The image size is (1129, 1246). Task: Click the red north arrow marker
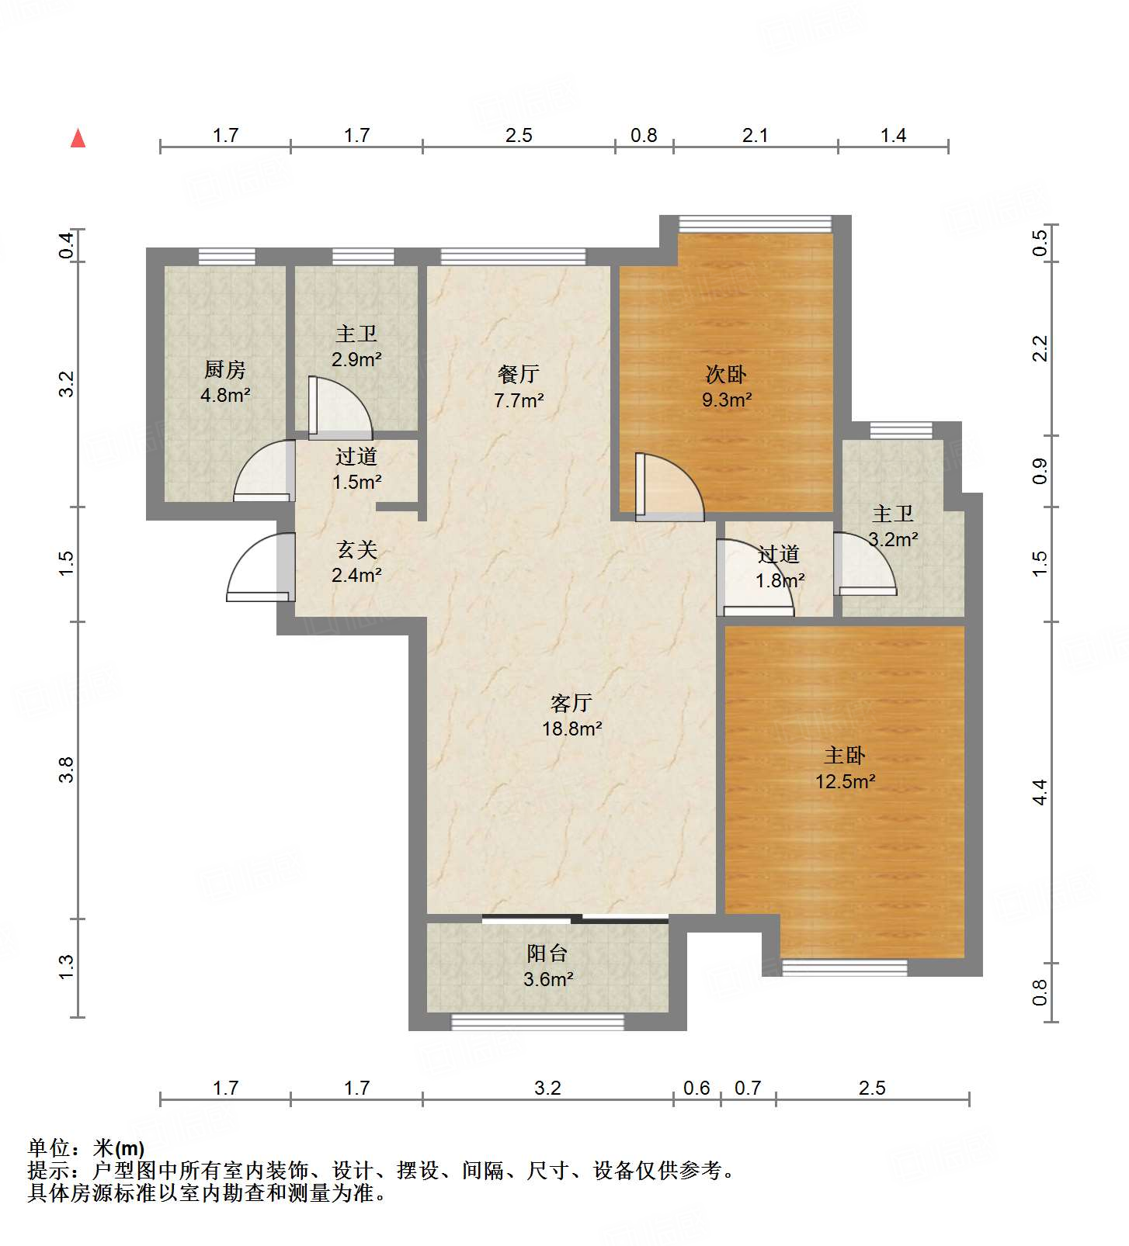click(x=78, y=138)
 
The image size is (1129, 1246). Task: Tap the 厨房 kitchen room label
click(x=225, y=369)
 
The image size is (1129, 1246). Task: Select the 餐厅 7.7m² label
click(x=519, y=387)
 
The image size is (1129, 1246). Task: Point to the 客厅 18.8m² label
click(x=572, y=715)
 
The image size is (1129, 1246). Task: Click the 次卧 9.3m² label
click(x=727, y=386)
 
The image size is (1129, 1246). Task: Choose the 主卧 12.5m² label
click(x=845, y=768)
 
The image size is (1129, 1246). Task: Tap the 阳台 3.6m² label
click(x=547, y=966)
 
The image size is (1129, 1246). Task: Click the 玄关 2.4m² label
click(x=356, y=562)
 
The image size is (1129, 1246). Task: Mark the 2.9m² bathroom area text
click(x=356, y=359)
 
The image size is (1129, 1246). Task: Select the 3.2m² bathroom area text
click(x=893, y=539)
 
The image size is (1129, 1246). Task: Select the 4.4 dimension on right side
click(x=1040, y=792)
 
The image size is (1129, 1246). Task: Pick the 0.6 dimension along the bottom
click(x=697, y=1088)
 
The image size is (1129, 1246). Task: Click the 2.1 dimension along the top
click(x=755, y=135)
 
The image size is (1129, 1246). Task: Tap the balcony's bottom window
click(x=537, y=1022)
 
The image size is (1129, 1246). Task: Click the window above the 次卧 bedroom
click(x=755, y=223)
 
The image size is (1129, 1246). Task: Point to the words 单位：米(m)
click(x=86, y=1147)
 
